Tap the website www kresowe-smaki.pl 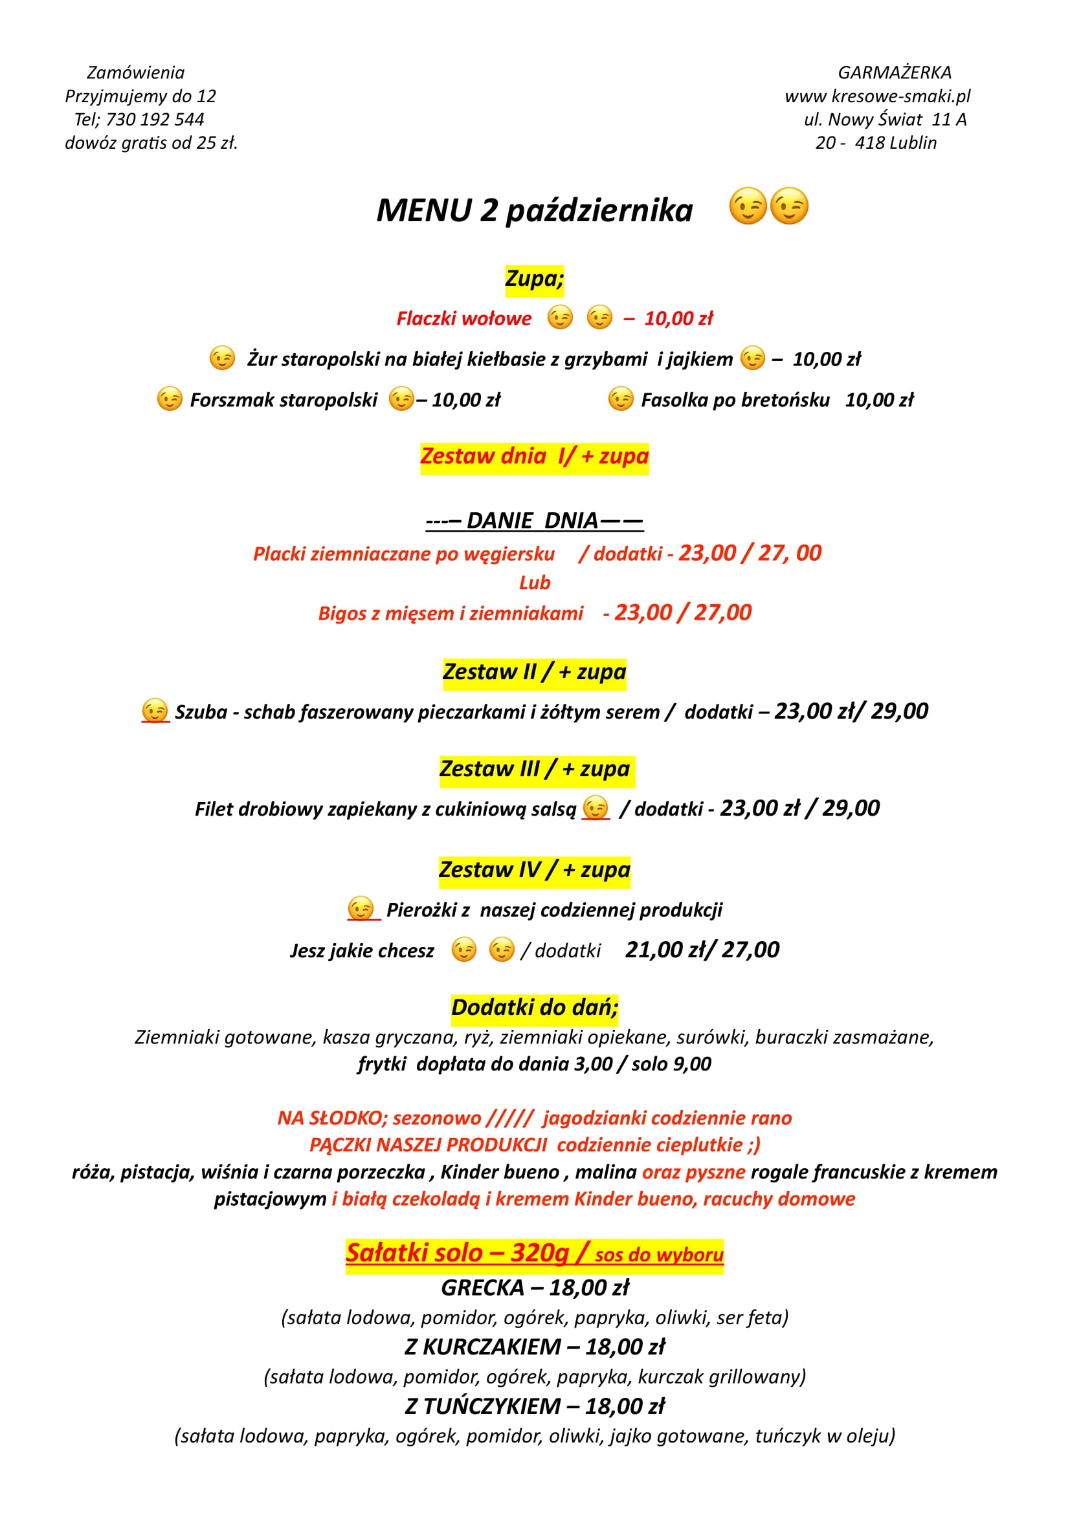[878, 96]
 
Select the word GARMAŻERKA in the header [895, 72]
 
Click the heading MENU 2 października [534, 211]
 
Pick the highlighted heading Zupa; [534, 279]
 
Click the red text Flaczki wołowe [463, 319]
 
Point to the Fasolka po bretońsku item [735, 400]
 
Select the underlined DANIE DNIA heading [534, 521]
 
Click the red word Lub [534, 583]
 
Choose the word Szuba [201, 712]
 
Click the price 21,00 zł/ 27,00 [702, 950]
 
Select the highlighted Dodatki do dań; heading [535, 1008]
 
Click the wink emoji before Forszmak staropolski [170, 398]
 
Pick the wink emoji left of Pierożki [361, 909]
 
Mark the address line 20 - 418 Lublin [876, 143]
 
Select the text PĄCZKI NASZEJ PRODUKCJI [428, 1145]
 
